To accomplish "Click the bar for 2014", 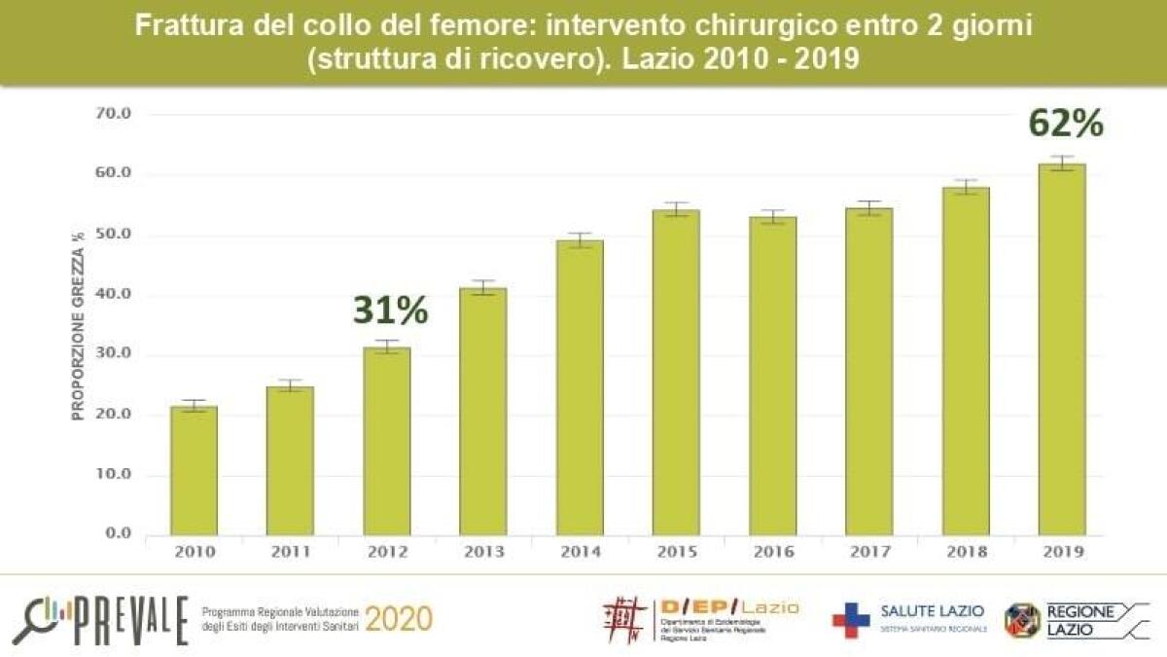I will pyautogui.click(x=581, y=389).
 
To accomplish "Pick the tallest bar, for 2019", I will pyautogui.click(x=1062, y=350).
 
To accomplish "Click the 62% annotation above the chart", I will pyautogui.click(x=1067, y=124).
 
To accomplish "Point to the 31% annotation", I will pyautogui.click(x=390, y=310).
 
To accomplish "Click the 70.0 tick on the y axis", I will pyautogui.click(x=113, y=114).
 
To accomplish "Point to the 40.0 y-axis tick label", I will pyautogui.click(x=113, y=295).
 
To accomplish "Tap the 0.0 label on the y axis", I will pyautogui.click(x=117, y=534).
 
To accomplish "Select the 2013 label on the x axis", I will pyautogui.click(x=483, y=553).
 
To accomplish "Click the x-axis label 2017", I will pyautogui.click(x=868, y=553).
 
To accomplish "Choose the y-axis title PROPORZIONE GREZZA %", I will pyautogui.click(x=79, y=321).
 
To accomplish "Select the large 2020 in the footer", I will pyautogui.click(x=400, y=619).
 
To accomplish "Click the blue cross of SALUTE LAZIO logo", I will pyautogui.click(x=850, y=620).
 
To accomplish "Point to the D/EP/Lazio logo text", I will pyautogui.click(x=728, y=607).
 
